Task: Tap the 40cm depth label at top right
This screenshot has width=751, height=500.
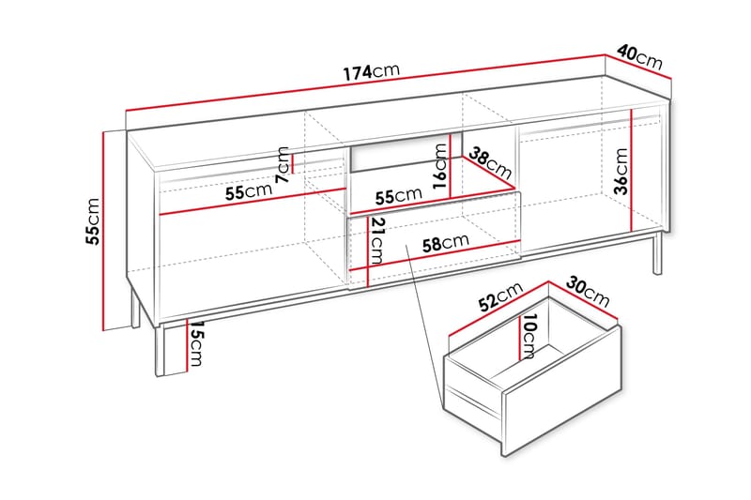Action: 641,57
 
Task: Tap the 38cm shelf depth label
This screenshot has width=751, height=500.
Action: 490,165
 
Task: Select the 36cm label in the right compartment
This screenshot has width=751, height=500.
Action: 621,172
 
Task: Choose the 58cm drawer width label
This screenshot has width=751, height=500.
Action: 445,243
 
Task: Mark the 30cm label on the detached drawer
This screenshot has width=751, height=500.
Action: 589,293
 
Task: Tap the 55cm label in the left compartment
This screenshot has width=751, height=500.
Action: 248,192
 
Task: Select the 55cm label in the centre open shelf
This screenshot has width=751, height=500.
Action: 398,196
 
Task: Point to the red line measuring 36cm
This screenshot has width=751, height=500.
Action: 636,168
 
